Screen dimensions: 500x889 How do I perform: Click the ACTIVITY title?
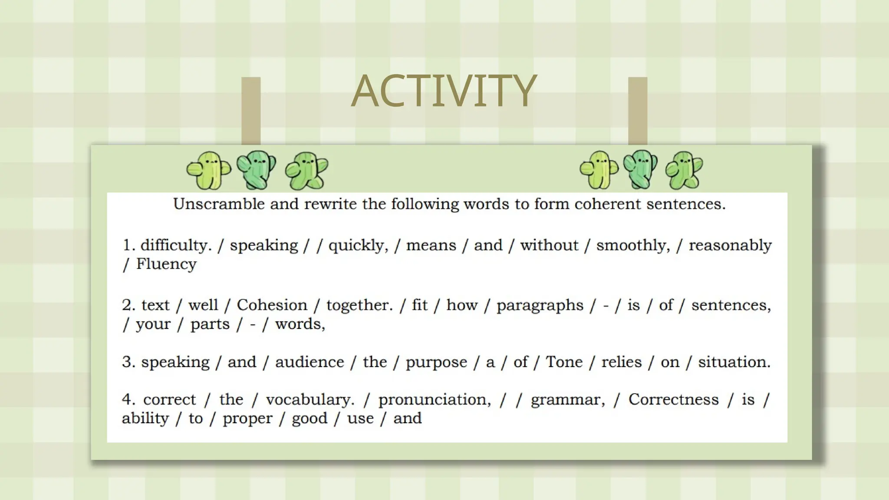pos(444,91)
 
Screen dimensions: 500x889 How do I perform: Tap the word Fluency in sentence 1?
pos(166,264)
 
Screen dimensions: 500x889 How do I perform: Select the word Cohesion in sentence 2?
pos(272,305)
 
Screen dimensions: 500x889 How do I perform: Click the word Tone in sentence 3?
pos(564,362)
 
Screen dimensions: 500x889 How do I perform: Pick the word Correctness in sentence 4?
pos(673,399)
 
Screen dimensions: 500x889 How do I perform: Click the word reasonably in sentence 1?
pos(730,246)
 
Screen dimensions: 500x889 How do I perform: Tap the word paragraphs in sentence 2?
pos(540,306)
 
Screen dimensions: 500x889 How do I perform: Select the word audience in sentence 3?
pos(310,362)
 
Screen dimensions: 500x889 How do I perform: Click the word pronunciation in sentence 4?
pos(435,400)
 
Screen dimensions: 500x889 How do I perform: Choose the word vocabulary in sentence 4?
pos(310,400)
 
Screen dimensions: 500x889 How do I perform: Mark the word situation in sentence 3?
pos(734,362)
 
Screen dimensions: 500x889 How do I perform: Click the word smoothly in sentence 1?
pos(633,246)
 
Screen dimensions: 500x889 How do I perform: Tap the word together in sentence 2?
pos(359,305)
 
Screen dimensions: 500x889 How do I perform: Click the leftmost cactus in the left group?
pos(209,171)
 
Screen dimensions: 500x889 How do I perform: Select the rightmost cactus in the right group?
pos(684,171)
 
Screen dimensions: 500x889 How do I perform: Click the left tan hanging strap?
pos(251,111)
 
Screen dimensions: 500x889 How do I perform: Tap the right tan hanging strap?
pos(638,111)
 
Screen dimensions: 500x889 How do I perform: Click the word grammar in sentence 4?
pos(567,400)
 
